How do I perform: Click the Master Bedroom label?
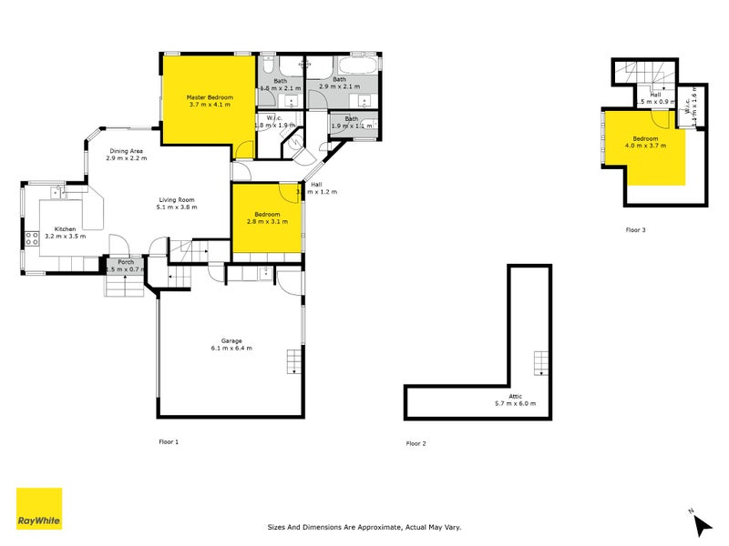[210, 97]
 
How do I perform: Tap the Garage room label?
[231, 340]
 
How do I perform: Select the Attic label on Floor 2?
[515, 396]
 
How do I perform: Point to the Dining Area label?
[126, 151]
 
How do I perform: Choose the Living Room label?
[176, 199]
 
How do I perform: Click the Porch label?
[126, 262]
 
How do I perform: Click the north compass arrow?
[700, 522]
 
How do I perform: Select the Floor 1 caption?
[169, 441]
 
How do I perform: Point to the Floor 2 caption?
[416, 443]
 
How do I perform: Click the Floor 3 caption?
[635, 230]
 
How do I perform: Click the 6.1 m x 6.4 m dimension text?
[231, 348]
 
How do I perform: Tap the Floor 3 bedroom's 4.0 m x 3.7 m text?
[645, 145]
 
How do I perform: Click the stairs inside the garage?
[293, 361]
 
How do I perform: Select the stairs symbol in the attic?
[541, 363]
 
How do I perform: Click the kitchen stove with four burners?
[31, 239]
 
